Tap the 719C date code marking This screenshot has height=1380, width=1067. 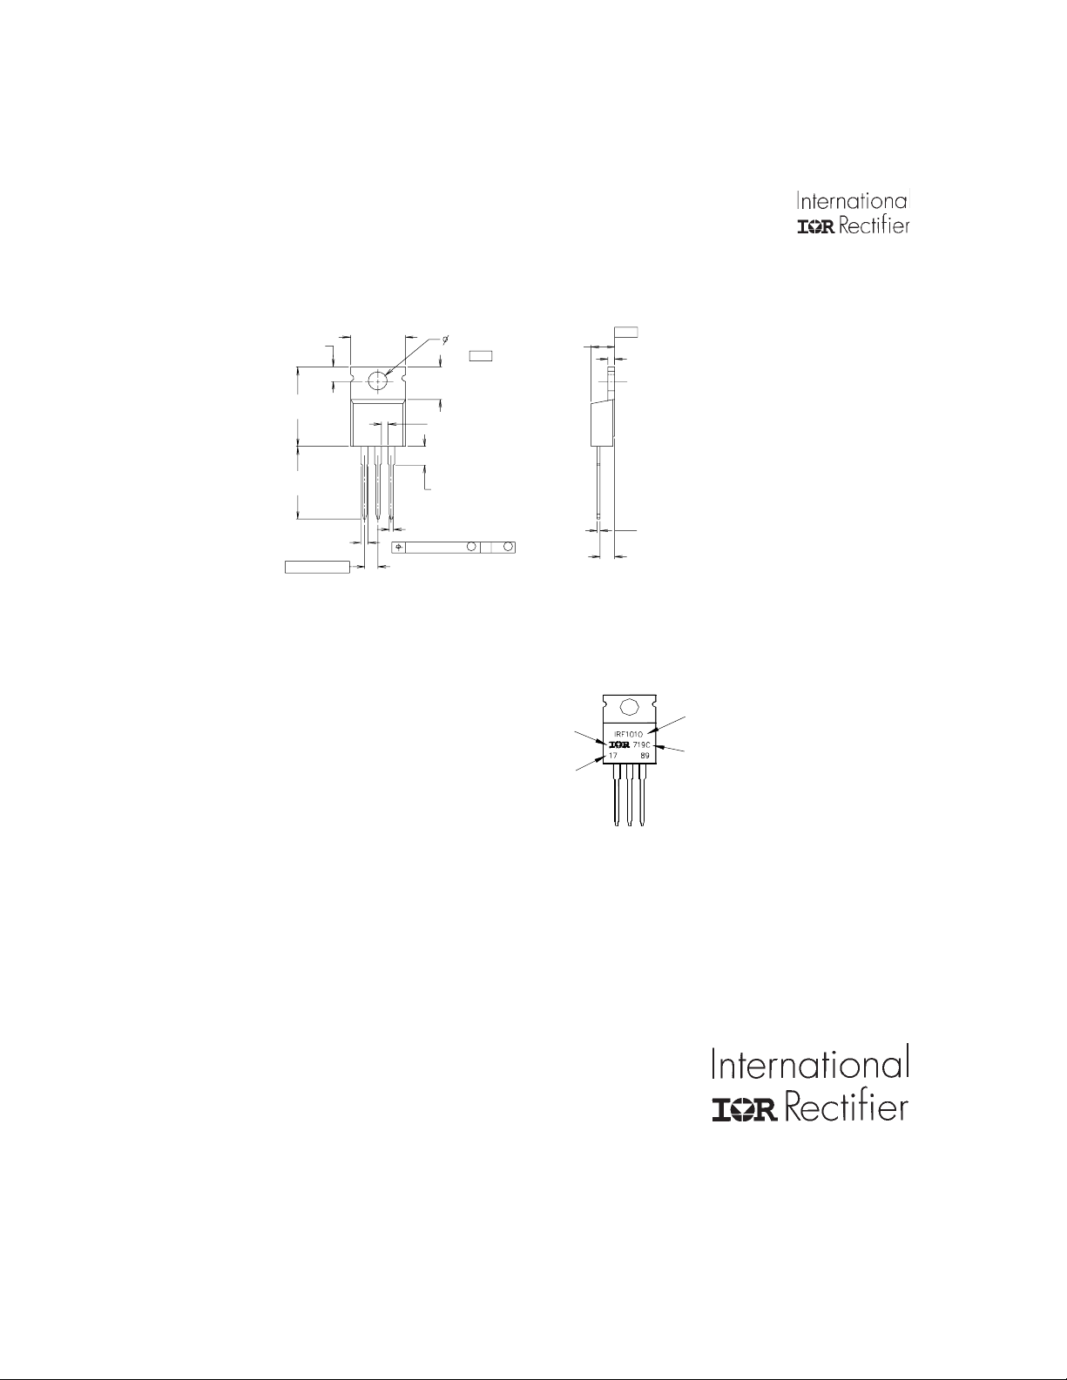point(643,745)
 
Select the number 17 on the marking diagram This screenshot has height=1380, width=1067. point(612,756)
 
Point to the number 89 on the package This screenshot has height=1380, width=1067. point(645,756)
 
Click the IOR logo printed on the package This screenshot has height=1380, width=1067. point(618,745)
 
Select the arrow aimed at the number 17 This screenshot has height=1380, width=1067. point(590,764)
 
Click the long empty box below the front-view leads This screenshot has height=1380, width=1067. point(318,567)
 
